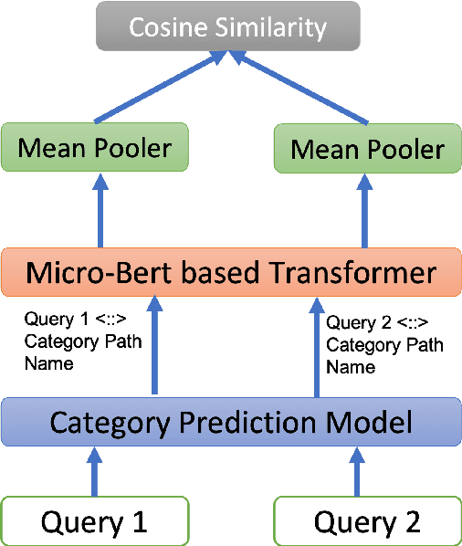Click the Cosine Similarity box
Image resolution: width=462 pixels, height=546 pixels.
click(x=227, y=27)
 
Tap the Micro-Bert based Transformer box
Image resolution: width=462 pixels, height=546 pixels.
click(x=230, y=272)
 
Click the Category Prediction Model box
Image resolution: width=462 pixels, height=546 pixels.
click(x=230, y=422)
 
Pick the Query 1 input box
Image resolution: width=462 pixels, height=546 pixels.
click(x=95, y=521)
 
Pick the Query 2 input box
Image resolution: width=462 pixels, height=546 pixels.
click(x=367, y=521)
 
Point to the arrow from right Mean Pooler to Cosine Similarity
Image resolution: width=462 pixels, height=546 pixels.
click(x=301, y=89)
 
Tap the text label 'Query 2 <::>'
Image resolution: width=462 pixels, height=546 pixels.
click(x=377, y=323)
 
